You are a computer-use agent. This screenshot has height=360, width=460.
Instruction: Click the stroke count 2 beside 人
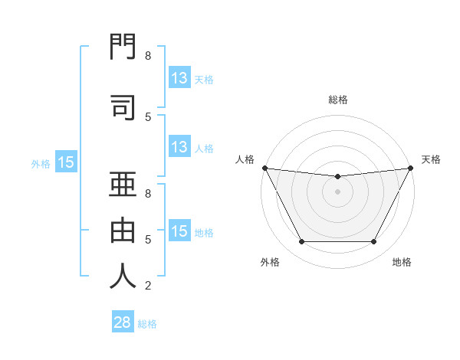coord(148,286)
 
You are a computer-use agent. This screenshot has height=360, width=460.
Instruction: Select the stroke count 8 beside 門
coord(148,56)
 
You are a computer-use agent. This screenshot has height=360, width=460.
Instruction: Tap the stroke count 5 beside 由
coord(148,240)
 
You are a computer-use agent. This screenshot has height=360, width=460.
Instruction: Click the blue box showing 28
coord(122,322)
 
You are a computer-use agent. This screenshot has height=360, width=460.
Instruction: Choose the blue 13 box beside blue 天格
coord(179,77)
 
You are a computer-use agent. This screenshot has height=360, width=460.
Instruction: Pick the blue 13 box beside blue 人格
coord(179,147)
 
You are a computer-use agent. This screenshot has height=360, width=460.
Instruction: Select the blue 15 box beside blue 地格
coord(179,231)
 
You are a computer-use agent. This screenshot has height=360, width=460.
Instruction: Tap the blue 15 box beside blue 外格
coord(65,162)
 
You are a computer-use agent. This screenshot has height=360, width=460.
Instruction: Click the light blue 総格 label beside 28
coord(147,324)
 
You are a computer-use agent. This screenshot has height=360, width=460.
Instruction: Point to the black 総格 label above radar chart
coord(337,100)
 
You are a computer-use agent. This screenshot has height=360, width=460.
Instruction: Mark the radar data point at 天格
coord(411,168)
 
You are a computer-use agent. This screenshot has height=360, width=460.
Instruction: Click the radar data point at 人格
coord(264,168)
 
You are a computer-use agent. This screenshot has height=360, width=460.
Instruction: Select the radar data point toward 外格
coord(301,242)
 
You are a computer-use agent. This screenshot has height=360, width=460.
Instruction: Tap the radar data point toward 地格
coord(374,242)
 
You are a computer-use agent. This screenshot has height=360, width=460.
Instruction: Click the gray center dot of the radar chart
coord(337,191)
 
